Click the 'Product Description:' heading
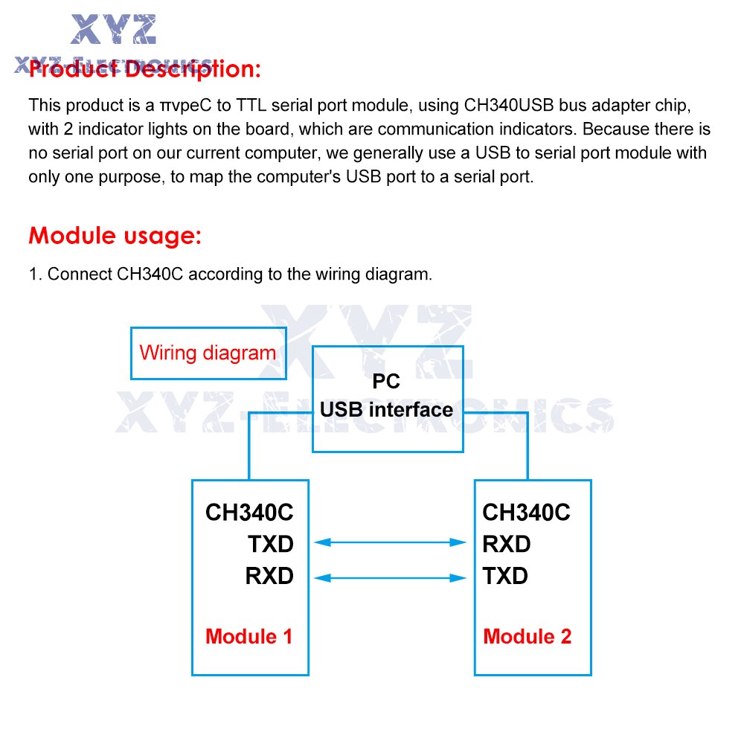click(145, 69)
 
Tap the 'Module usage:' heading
click(115, 236)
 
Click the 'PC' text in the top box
click(386, 381)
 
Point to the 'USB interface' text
click(387, 409)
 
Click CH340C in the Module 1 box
click(249, 513)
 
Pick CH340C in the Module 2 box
click(527, 513)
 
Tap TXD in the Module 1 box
click(271, 545)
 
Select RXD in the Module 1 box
click(269, 576)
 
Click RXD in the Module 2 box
click(507, 545)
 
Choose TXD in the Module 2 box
click(505, 576)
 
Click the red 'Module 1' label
click(249, 637)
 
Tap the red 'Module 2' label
click(527, 637)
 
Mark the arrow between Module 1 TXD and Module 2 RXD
click(390, 542)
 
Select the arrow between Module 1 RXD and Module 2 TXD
click(390, 578)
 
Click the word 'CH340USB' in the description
click(509, 106)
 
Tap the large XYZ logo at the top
click(113, 30)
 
